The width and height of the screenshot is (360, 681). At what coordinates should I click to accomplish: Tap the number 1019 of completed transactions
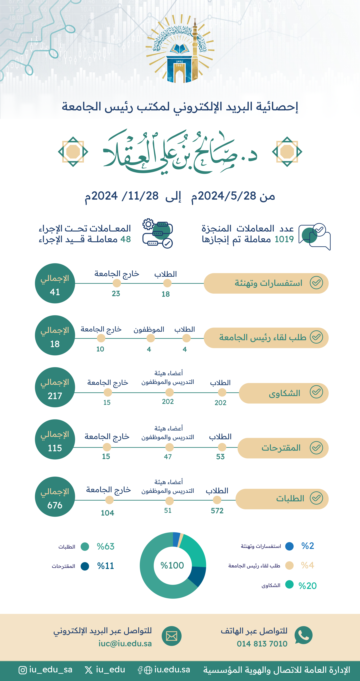tap(284, 239)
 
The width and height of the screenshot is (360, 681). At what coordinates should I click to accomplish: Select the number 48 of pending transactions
tap(126, 239)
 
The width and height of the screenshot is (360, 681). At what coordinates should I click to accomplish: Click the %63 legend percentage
tap(105, 546)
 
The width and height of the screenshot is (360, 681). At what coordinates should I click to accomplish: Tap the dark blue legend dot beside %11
tap(85, 566)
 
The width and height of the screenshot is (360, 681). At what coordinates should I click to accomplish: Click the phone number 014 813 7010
tap(262, 643)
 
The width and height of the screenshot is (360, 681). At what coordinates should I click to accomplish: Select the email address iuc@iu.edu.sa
tap(125, 643)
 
